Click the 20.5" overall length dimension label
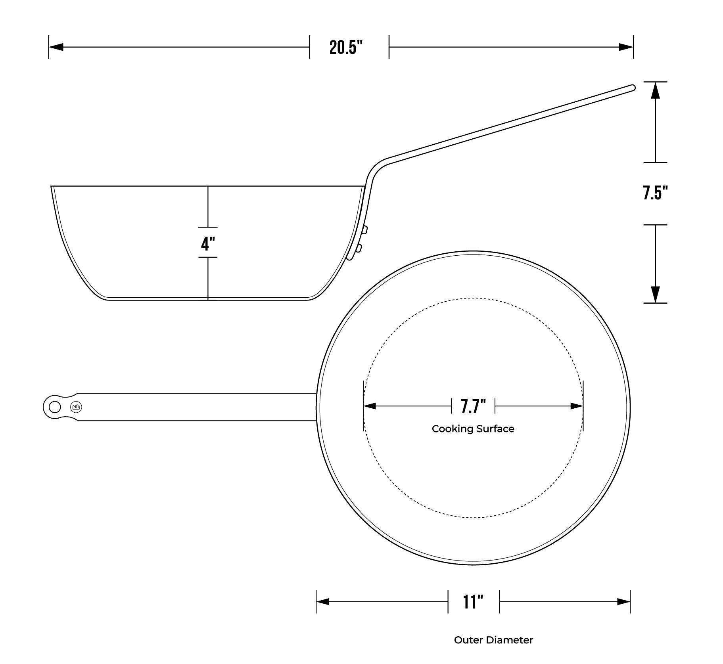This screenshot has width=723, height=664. (346, 48)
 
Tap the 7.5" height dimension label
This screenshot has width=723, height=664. (656, 193)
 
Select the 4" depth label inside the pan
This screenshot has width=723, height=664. (208, 243)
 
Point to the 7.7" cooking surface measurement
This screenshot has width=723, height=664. (473, 406)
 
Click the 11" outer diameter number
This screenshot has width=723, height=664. (473, 602)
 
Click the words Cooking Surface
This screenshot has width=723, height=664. (473, 429)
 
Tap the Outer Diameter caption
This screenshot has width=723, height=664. (493, 640)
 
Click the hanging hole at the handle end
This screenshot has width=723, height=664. (55, 407)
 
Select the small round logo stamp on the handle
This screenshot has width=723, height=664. (76, 407)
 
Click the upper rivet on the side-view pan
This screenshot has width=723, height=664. (364, 230)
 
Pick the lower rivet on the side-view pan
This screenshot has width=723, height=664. (359, 249)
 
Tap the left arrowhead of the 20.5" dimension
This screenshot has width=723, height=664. (56, 47)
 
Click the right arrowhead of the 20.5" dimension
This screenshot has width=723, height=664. (626, 47)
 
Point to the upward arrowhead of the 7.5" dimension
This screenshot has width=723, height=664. (656, 90)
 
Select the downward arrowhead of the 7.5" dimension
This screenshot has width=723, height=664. (656, 295)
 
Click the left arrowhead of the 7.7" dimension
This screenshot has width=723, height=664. (370, 406)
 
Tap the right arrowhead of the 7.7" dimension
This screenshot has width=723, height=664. (577, 406)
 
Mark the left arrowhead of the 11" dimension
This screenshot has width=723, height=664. (323, 602)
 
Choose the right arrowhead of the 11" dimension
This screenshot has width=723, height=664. (624, 602)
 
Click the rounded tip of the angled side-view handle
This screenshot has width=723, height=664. (633, 88)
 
